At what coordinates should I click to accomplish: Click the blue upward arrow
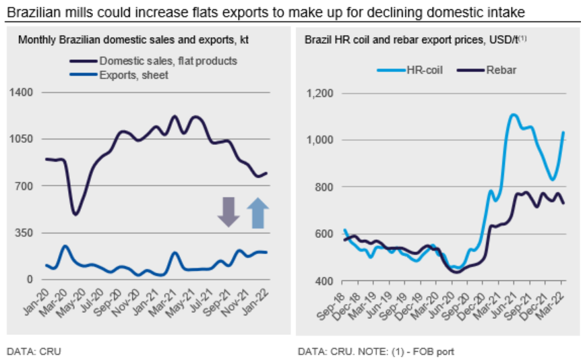coord(257,213)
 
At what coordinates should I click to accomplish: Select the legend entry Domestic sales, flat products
coord(168,61)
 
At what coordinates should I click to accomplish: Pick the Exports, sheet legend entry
coord(133,75)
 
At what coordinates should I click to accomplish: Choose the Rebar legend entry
coord(501,69)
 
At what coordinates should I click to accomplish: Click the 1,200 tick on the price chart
coord(320,93)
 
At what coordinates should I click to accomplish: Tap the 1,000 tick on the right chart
coord(320,140)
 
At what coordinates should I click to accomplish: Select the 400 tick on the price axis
coord(324,280)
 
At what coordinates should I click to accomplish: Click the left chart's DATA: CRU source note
coord(34,351)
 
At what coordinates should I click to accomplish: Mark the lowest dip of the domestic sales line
coord(75,214)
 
